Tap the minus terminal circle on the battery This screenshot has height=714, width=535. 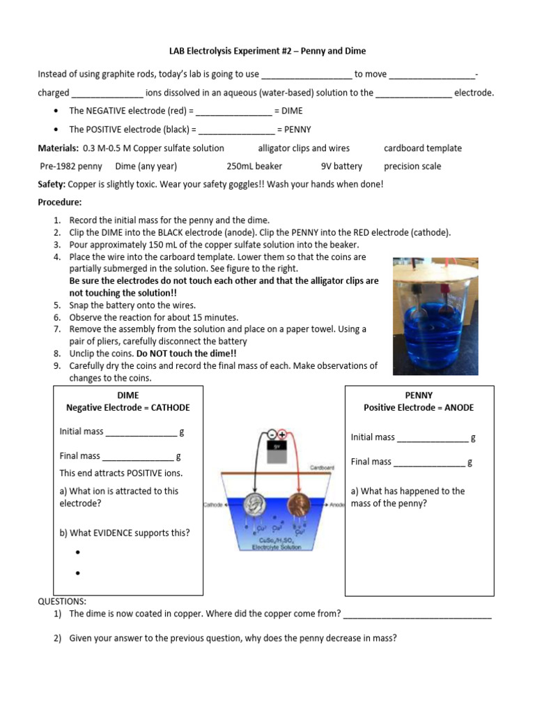coord(271,434)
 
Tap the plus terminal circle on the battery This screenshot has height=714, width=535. coord(282,434)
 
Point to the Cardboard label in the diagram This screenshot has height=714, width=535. coord(321,468)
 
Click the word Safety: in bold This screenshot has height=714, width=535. coord(52,184)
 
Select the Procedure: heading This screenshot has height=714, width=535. coord(59,202)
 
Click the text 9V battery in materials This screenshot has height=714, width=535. coord(341,166)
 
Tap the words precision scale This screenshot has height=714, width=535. coord(412,166)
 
